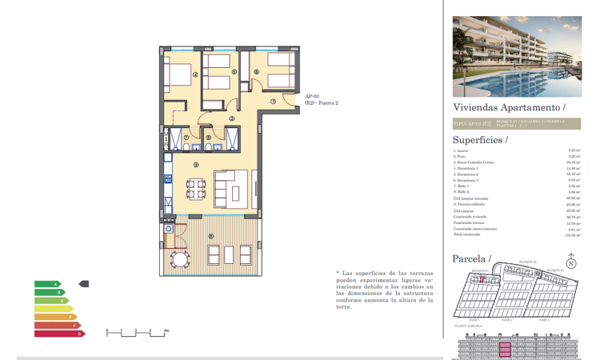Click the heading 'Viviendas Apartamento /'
tap(509, 106)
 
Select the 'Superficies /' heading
tap(480, 138)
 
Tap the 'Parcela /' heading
tap(471, 258)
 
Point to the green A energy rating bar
tap(47, 284)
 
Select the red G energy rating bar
tap(58, 333)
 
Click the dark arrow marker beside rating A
tap(84, 284)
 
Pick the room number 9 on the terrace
tap(210, 236)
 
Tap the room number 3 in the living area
tap(196, 164)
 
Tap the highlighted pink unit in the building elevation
tap(504, 348)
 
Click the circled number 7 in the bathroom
tap(186, 137)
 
